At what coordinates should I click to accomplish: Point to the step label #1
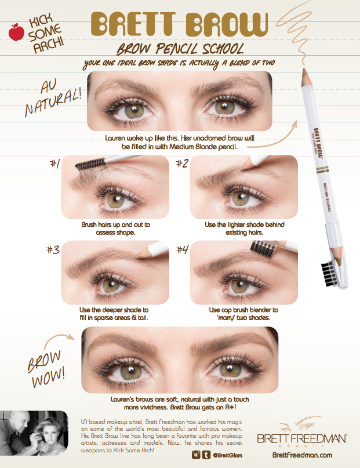(x=54, y=164)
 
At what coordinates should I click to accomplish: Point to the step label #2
(x=182, y=164)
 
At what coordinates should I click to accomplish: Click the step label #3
(x=54, y=249)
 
